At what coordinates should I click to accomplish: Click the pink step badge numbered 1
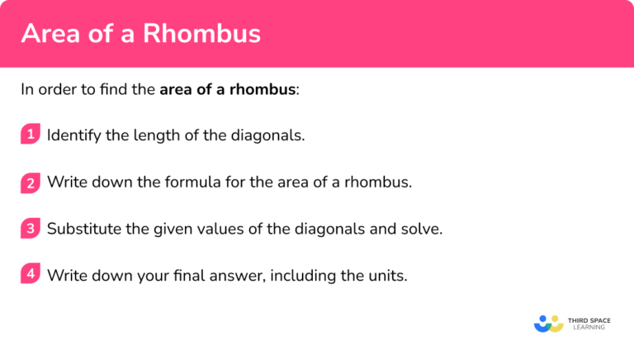(31, 134)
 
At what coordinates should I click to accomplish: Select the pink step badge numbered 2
(31, 182)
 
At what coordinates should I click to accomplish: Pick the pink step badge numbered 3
(31, 229)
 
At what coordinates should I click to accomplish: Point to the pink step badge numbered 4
(31, 275)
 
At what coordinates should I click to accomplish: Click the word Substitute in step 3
(83, 230)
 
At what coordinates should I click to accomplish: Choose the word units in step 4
(387, 276)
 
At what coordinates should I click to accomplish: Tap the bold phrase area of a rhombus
(228, 89)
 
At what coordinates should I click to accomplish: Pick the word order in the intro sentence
(55, 89)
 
